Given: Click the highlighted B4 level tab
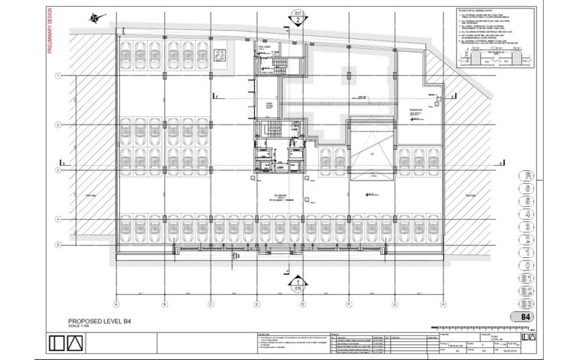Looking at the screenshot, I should (x=525, y=317).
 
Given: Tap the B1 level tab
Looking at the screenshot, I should (x=527, y=278).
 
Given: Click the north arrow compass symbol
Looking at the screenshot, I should (x=96, y=17).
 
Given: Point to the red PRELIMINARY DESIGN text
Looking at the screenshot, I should (x=50, y=31).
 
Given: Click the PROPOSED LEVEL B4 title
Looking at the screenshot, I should (x=99, y=321).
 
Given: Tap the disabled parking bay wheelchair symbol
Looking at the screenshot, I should (x=220, y=55).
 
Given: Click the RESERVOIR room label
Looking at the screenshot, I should (x=416, y=110).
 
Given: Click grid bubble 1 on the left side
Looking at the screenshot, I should (x=58, y=76).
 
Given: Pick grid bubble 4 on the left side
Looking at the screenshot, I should (x=58, y=219).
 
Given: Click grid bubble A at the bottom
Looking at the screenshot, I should (x=116, y=304).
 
